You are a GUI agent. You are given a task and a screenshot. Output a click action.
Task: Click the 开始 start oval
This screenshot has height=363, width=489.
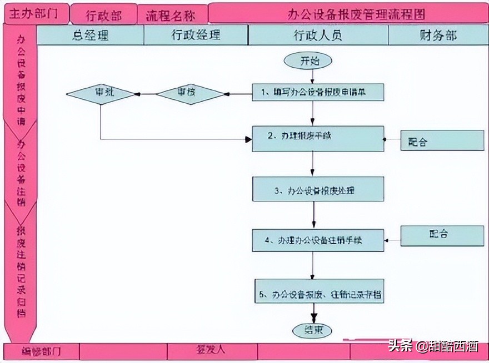click(308, 61)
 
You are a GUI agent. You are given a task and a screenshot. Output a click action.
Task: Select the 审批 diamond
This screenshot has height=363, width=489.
click(101, 94)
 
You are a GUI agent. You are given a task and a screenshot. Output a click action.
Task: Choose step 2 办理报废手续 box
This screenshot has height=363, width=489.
click(318, 138)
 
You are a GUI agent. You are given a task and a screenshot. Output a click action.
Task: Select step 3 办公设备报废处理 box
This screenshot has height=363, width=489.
click(318, 189)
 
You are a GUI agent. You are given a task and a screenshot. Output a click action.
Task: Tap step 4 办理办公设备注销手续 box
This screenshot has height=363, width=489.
click(318, 240)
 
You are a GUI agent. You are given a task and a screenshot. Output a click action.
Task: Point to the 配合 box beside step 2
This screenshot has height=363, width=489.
click(442, 141)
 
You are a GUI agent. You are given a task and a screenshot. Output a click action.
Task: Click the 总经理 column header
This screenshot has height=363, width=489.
click(90, 36)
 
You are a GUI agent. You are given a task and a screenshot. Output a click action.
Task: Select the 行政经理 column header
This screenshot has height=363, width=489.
click(196, 36)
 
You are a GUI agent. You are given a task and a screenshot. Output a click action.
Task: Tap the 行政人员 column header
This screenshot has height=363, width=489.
click(318, 36)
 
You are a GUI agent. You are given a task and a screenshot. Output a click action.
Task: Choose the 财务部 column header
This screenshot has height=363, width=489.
click(437, 36)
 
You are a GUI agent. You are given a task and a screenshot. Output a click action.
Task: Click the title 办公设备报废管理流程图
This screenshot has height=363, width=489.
click(348, 14)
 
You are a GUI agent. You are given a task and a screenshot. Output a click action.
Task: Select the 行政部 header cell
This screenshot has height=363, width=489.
click(103, 14)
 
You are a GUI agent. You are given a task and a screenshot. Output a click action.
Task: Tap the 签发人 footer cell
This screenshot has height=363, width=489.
click(211, 351)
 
